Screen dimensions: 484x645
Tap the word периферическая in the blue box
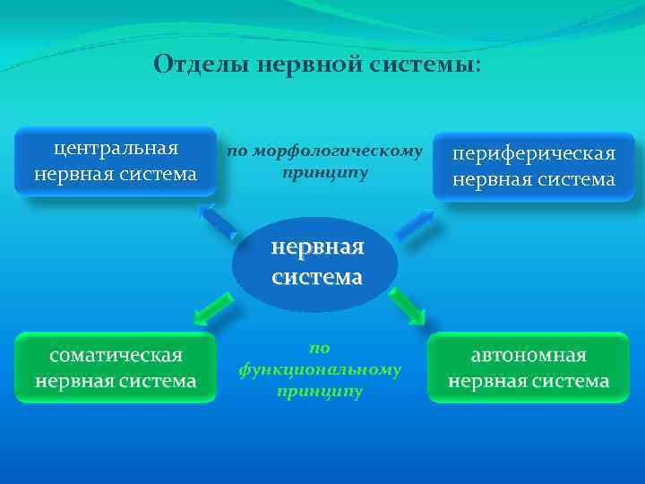(534, 153)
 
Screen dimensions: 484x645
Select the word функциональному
(320, 368)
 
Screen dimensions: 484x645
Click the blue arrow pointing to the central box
(219, 220)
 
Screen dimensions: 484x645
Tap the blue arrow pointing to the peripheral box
(416, 223)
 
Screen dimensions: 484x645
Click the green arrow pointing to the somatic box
(213, 309)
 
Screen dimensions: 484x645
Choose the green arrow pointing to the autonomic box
(408, 306)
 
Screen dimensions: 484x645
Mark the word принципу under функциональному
(320, 391)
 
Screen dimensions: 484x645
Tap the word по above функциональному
(320, 347)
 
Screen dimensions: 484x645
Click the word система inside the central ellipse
(317, 278)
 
